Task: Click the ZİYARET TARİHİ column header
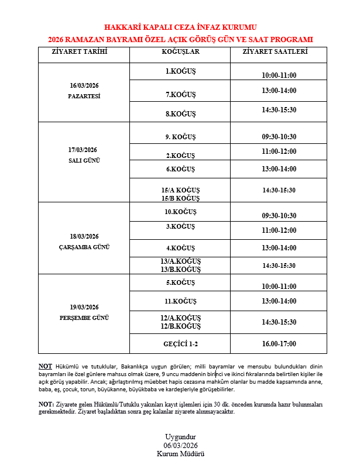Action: coord(83,51)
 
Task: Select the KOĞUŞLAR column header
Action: coord(180,51)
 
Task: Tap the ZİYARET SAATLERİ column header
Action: coord(279,51)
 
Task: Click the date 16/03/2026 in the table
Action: coord(84,85)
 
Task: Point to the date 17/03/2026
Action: coord(83,150)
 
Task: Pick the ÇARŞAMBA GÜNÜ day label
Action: coord(84,247)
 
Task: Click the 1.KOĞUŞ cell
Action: coord(180,71)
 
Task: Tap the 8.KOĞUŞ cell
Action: coord(180,113)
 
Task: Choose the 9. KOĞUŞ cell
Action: coord(180,137)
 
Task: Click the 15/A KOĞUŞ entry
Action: coord(180,191)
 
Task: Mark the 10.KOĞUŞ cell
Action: coord(180,212)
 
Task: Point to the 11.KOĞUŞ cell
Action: coord(180,301)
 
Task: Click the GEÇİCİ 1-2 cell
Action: coord(180,343)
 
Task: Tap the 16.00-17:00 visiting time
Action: coord(279,343)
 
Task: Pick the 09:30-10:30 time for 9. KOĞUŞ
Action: coord(279,137)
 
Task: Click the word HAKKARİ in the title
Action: coord(124,27)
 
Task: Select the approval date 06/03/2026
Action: coord(180,445)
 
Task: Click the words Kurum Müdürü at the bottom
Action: coord(180,453)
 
